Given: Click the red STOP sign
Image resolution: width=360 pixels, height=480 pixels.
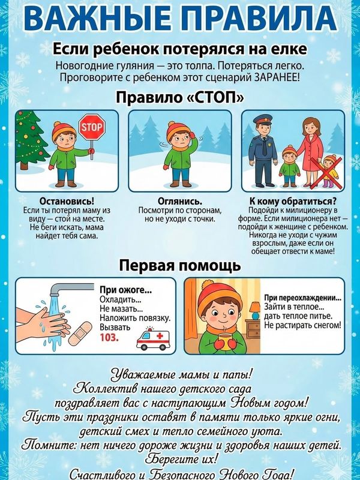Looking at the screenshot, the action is tap(92, 127).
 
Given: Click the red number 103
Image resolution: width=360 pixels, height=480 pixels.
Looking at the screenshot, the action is tap(109, 338).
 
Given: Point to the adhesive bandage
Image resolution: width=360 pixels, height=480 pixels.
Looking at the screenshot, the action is tap(80, 334).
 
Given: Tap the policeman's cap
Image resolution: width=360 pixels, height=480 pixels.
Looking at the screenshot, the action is tap(263, 119).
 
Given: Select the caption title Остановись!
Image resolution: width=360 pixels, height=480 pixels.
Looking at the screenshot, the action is tap(67, 201).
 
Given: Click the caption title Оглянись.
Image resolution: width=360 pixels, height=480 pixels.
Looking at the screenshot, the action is tap(180, 201).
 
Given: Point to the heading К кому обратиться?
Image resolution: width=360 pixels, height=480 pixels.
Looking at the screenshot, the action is tap(293, 201).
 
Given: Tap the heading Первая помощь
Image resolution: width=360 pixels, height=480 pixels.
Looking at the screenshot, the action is tap(180, 265).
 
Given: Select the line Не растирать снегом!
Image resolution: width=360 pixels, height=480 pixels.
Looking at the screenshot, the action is tap(302, 325).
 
